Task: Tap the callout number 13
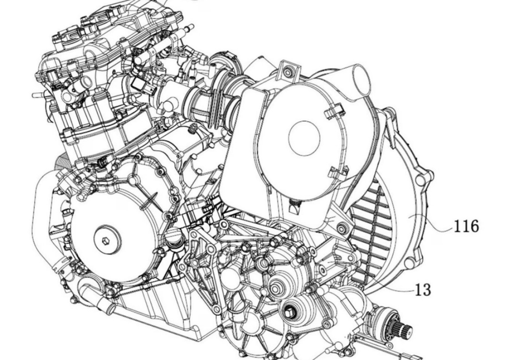point(423,290)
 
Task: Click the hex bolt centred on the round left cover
point(105,240)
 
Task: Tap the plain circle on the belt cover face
point(304,138)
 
